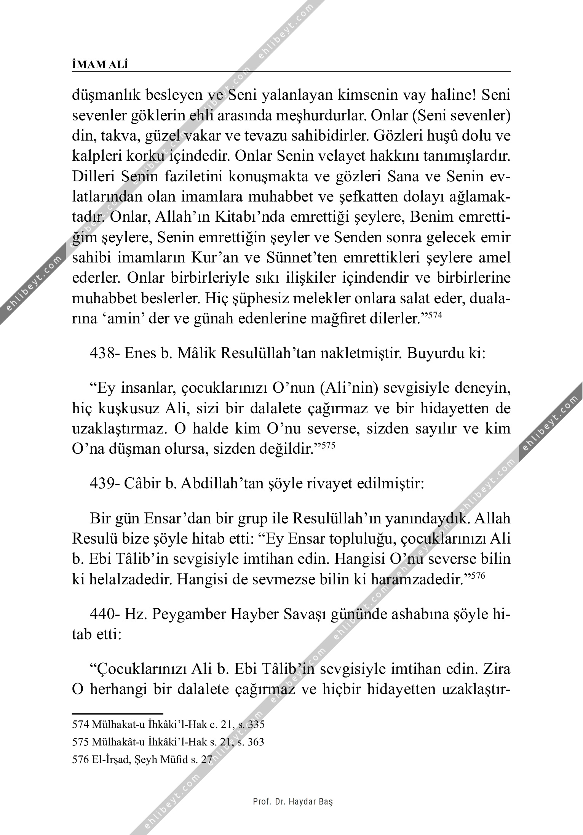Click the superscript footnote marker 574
click(435, 315)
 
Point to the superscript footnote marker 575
click(328, 445)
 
